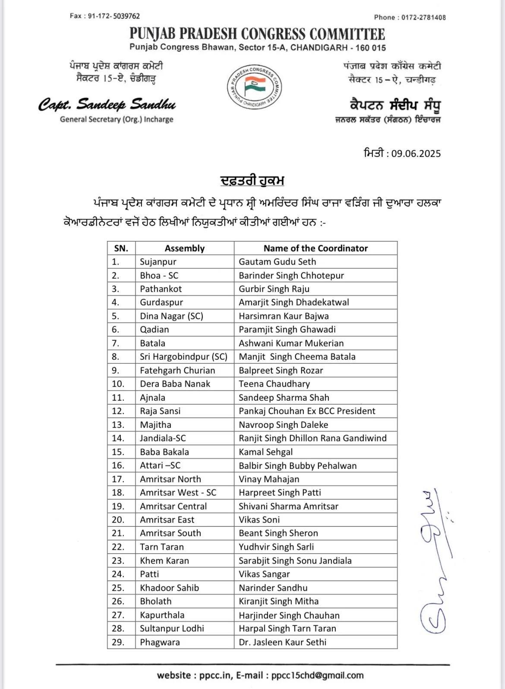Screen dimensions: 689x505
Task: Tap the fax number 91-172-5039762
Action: tap(114, 16)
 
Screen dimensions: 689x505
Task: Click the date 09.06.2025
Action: tap(416, 154)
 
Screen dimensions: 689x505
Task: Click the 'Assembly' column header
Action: tap(184, 248)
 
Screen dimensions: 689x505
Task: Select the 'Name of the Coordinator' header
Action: tap(316, 248)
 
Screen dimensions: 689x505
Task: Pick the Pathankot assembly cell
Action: tap(161, 289)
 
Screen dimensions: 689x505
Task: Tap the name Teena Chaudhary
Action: tap(274, 384)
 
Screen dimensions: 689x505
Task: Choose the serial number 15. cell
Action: tap(118, 452)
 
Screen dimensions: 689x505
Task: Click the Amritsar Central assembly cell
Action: tap(173, 506)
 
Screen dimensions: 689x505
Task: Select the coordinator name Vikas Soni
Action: tap(259, 519)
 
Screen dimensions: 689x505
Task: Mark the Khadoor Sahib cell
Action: tap(169, 588)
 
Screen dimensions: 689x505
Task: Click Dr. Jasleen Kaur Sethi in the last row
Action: tap(282, 642)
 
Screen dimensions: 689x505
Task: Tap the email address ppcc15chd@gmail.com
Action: tap(317, 675)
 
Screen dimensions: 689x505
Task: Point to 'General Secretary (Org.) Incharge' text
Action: tap(117, 120)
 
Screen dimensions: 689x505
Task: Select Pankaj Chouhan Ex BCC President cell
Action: tap(307, 411)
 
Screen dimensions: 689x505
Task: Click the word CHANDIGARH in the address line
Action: tap(319, 47)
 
